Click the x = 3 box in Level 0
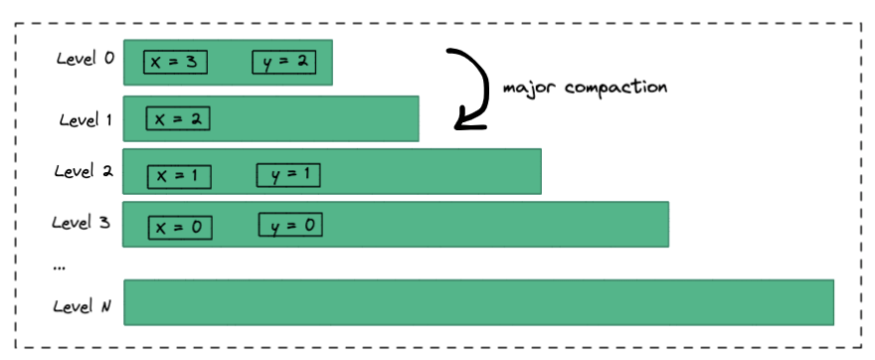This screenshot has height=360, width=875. (x=175, y=62)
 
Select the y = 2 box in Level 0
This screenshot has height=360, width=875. (x=284, y=62)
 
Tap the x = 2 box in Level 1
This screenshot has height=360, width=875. (x=178, y=118)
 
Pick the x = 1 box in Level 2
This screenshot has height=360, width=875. (x=179, y=177)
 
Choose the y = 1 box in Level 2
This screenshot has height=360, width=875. (x=288, y=175)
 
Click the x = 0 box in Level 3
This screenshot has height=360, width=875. (x=180, y=228)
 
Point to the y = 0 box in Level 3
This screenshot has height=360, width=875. (x=290, y=225)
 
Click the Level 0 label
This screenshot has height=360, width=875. (x=86, y=58)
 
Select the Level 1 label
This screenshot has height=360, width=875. (x=86, y=119)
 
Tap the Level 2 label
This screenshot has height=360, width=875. (x=84, y=171)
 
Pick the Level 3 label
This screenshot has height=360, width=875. (x=82, y=223)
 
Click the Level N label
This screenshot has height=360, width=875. (x=82, y=306)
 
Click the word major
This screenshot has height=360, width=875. (x=530, y=89)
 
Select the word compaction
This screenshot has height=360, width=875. (x=616, y=89)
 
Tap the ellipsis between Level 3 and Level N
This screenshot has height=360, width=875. (x=58, y=269)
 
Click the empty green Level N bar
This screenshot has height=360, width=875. (x=479, y=302)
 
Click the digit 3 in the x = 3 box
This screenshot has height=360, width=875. (x=191, y=62)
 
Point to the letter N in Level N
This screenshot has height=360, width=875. (x=106, y=306)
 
